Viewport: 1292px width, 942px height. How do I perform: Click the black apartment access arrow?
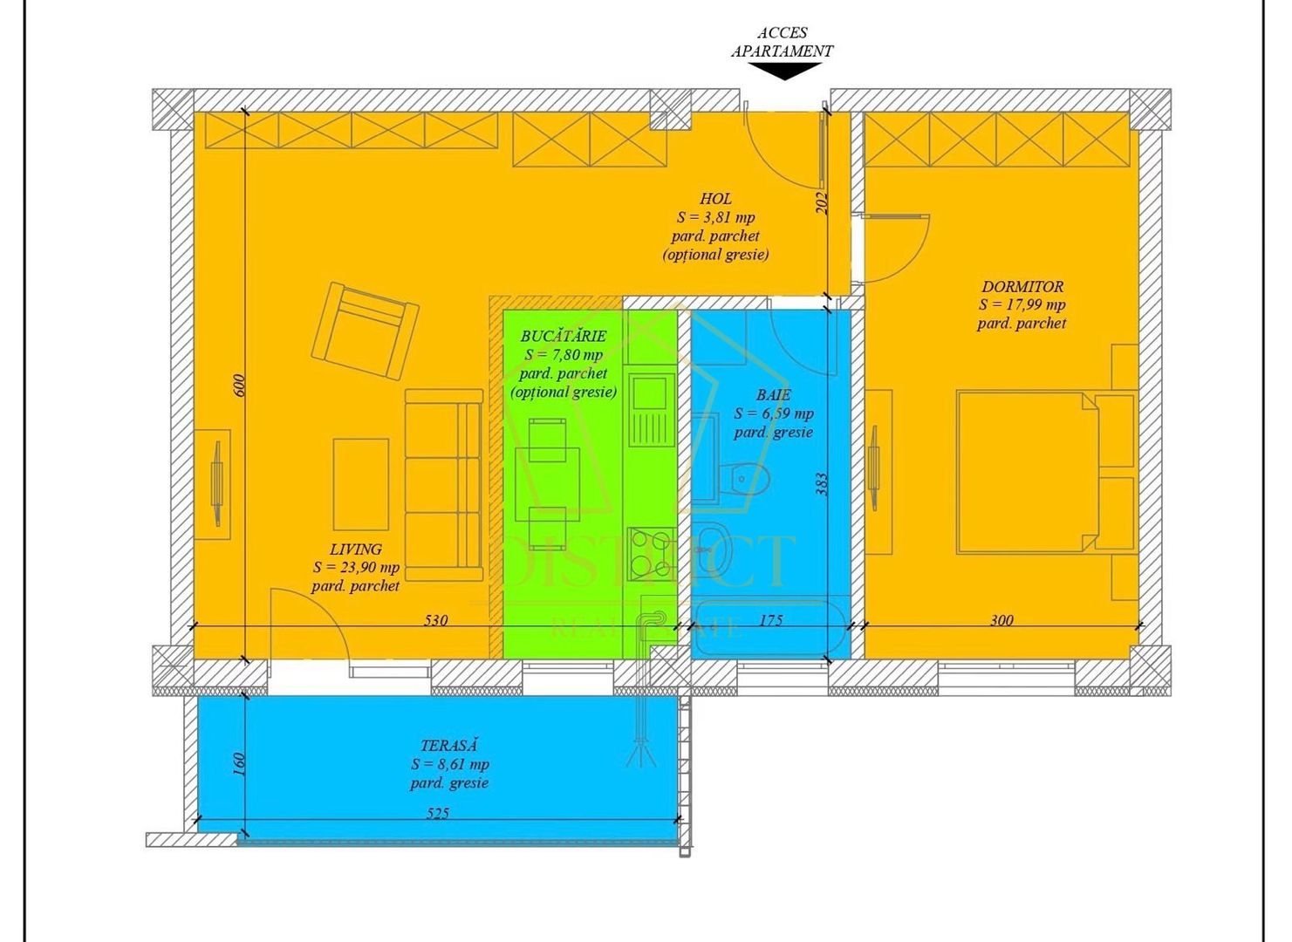(x=785, y=71)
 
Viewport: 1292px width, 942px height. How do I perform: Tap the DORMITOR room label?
(x=1022, y=286)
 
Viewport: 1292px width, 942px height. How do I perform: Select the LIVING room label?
(x=355, y=549)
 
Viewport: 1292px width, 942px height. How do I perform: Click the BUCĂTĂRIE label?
(x=563, y=336)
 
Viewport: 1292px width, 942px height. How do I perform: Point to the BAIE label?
(x=773, y=395)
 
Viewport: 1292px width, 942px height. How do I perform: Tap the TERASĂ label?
(x=449, y=746)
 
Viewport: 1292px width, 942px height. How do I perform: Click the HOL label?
(x=715, y=199)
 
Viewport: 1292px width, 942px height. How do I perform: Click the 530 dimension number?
(x=435, y=620)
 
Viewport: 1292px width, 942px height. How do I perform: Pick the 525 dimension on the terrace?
(x=438, y=813)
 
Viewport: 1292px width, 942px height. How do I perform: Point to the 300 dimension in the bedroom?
(x=1001, y=620)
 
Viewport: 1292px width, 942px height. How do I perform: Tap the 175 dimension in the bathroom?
(x=771, y=620)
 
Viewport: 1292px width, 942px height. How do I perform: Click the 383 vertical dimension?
(x=821, y=485)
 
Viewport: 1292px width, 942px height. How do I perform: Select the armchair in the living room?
(x=365, y=331)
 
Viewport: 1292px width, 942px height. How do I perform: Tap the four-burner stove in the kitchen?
(x=650, y=552)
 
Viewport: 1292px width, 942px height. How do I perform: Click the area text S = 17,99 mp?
(x=1022, y=304)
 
